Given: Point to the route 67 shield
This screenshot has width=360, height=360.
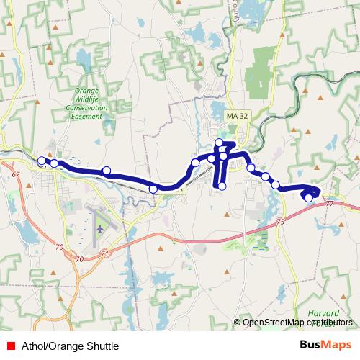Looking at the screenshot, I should coord(15,175).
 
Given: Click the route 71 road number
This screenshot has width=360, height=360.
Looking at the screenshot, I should coord(105,254).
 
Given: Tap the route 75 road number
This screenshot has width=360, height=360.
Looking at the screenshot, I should coord(280,222).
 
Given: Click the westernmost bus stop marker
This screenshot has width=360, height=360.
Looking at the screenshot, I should coord(42,161).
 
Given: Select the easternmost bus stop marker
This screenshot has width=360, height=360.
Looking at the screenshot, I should coord(309,197).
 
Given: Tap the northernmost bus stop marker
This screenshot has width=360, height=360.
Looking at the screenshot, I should coord(220,142).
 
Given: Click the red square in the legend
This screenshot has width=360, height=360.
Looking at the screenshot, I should coord(9,346).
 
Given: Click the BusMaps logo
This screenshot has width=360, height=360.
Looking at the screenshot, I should coord(325,346).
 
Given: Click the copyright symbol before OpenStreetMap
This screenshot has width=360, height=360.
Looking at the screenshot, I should coord(238,322).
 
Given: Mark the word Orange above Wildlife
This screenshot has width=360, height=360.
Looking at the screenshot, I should coord(91,91).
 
